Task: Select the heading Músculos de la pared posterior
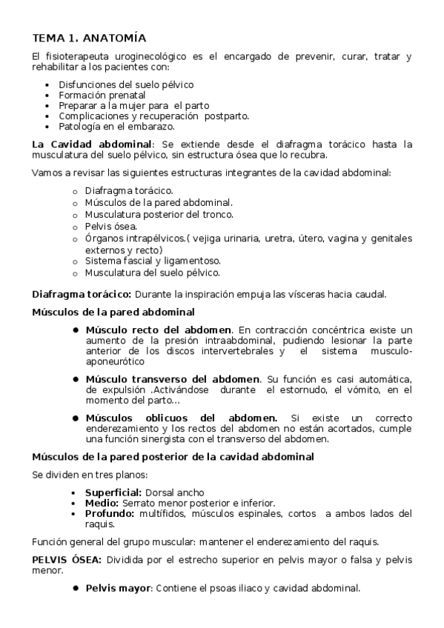pyautogui.click(x=173, y=457)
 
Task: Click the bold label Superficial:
pyautogui.click(x=113, y=492)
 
